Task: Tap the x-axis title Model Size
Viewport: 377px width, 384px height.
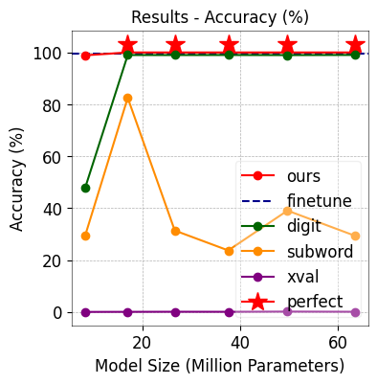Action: tap(219, 366)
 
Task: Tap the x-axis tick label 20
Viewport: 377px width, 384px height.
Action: tap(143, 342)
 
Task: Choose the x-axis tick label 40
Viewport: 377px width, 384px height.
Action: tap(240, 342)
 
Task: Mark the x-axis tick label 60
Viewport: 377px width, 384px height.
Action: tap(338, 342)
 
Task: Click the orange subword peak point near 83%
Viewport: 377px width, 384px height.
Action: tap(127, 98)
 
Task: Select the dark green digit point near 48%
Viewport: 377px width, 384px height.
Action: tap(85, 188)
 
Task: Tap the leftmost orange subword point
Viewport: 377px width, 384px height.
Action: tap(85, 236)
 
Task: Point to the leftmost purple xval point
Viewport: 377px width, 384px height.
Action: tap(85, 312)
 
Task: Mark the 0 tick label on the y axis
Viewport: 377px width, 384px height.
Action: tap(56, 312)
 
